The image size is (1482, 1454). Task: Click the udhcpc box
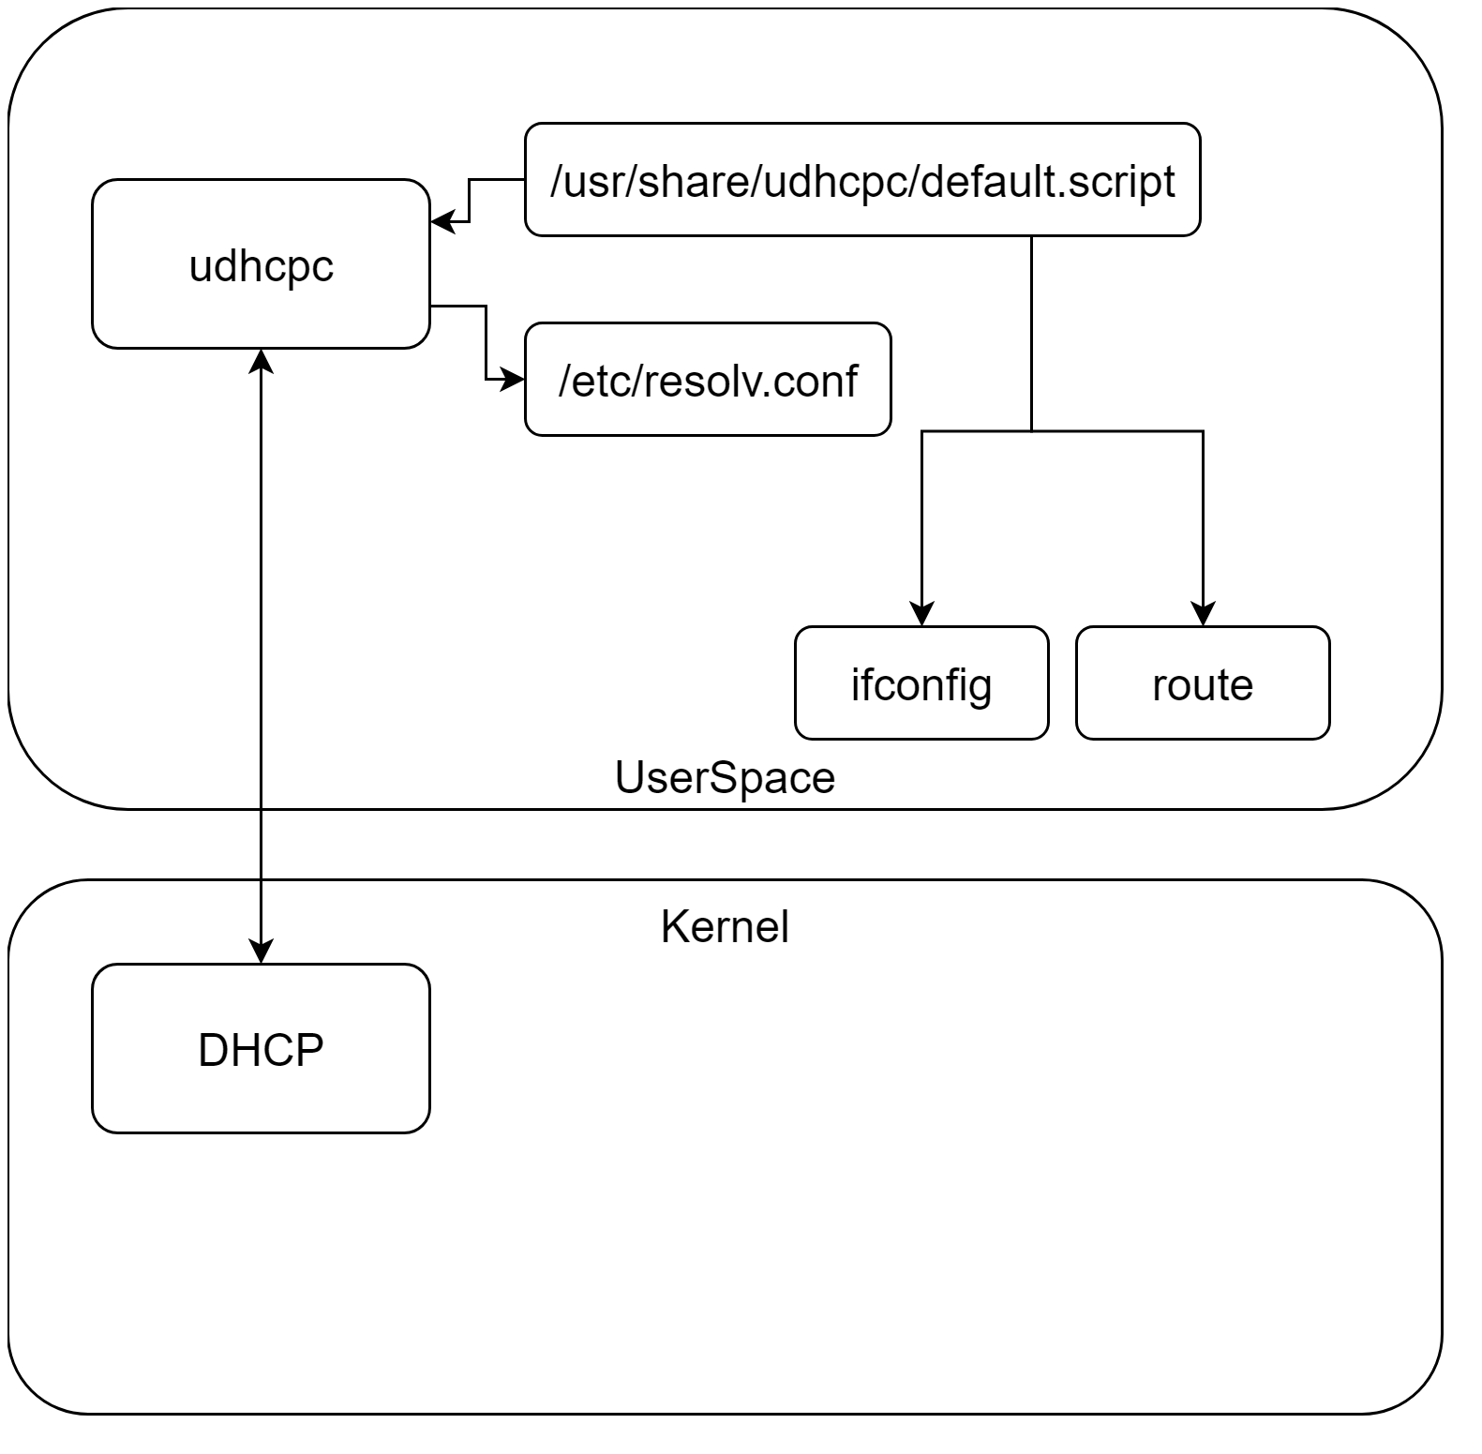(x=261, y=264)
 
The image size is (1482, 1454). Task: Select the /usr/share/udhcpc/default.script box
(x=861, y=180)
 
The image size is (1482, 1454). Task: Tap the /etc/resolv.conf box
(x=707, y=380)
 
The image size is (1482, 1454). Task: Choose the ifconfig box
(x=921, y=683)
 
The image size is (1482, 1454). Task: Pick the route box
(x=1202, y=683)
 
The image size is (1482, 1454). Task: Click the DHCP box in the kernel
(x=261, y=1049)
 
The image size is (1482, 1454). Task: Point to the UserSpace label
(x=725, y=778)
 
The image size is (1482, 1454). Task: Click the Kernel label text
(x=725, y=927)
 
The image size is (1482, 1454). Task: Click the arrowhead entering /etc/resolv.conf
(x=514, y=380)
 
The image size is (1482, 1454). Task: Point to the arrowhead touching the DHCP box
(x=261, y=952)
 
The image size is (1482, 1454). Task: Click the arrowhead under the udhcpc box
(x=261, y=360)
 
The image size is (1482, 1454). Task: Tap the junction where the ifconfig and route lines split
(x=1032, y=431)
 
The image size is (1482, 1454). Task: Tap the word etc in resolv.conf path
(x=594, y=380)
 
